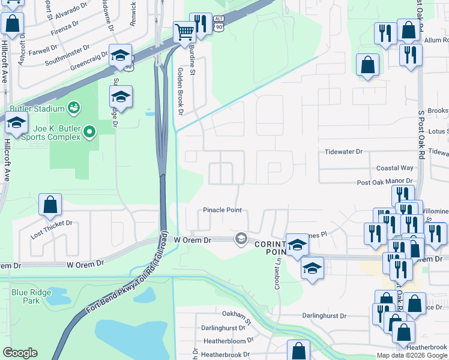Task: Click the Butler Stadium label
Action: click(36, 109)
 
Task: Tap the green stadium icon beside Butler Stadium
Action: click(73, 108)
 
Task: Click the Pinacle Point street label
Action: click(222, 210)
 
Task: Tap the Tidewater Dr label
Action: click(344, 152)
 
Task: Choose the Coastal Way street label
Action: click(394, 168)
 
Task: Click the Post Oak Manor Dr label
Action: click(385, 181)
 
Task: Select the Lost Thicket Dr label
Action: click(52, 223)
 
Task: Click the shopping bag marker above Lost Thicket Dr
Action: click(50, 205)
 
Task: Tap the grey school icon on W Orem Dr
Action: click(241, 239)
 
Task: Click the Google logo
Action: click(20, 353)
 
